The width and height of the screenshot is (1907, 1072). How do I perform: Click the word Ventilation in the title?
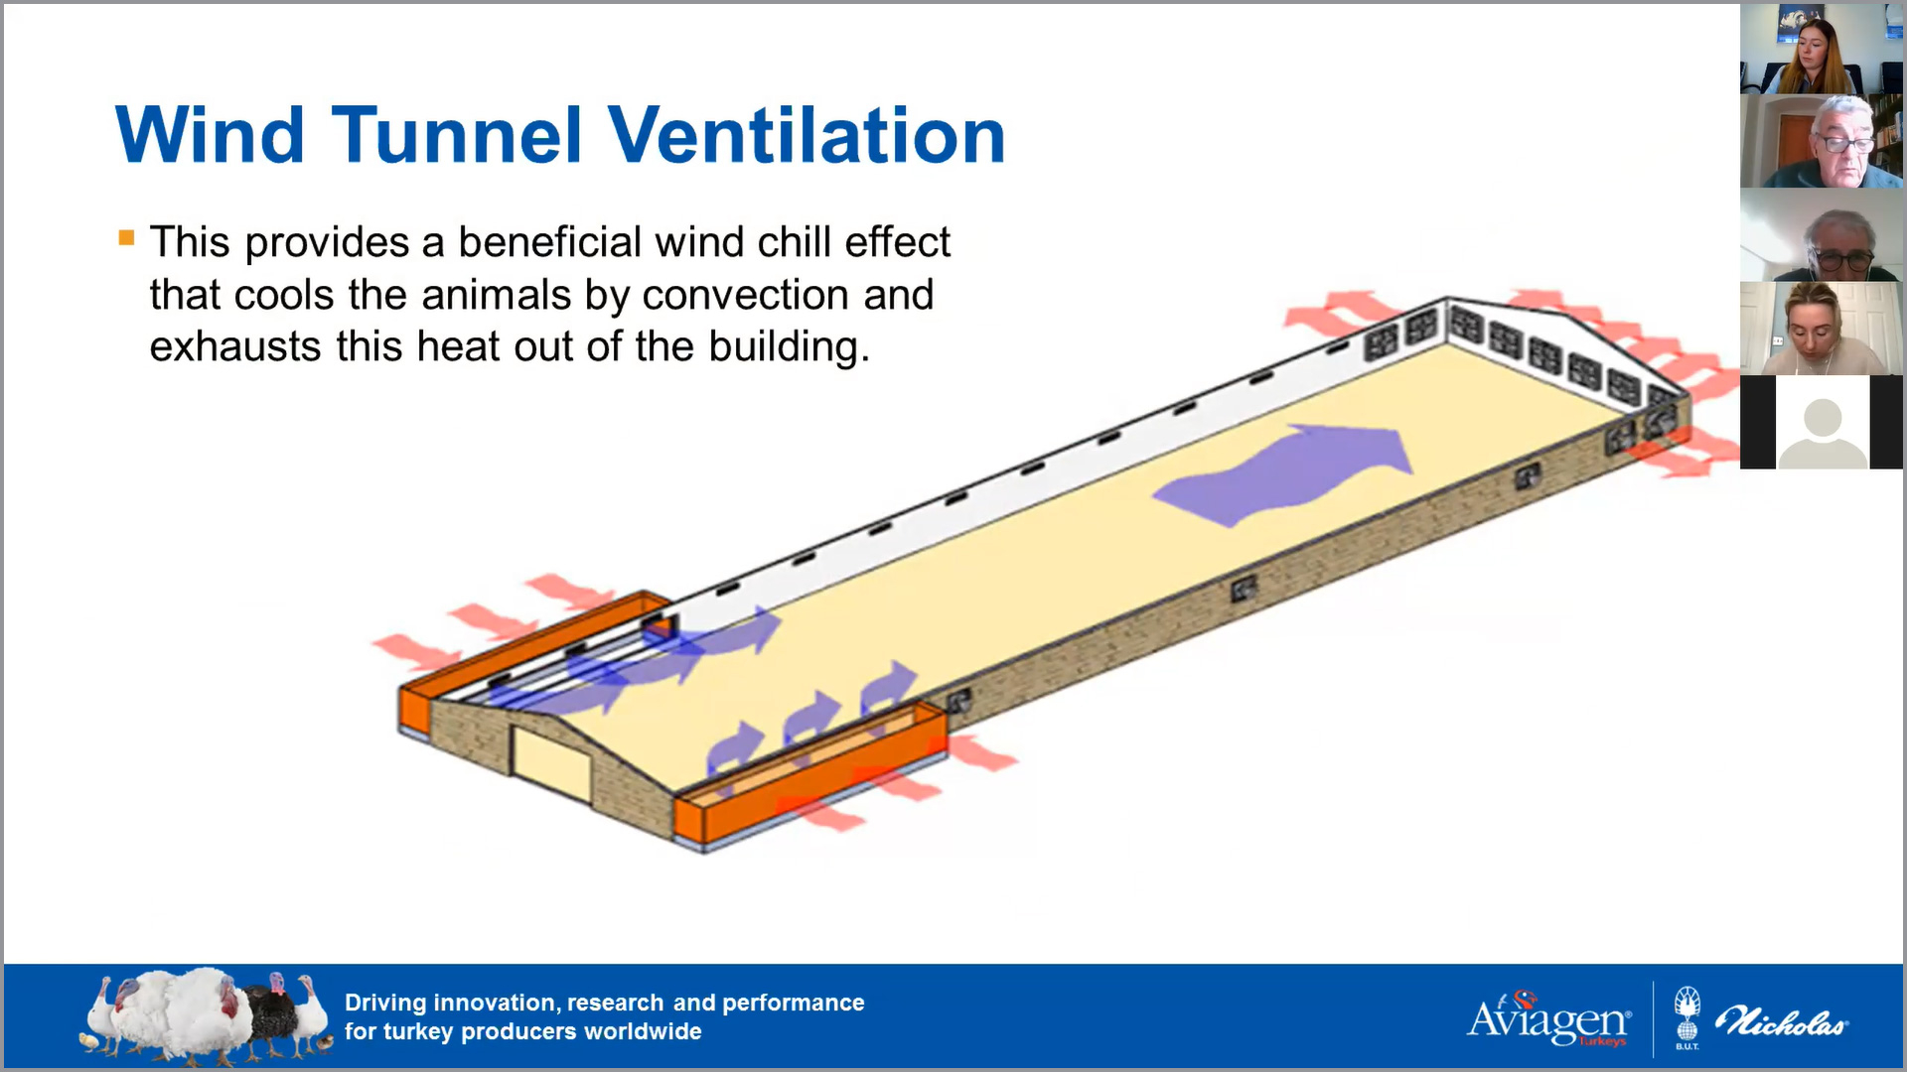[x=807, y=135]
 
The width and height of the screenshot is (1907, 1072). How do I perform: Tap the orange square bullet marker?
[x=126, y=237]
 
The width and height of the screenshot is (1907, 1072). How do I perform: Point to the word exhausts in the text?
[x=235, y=346]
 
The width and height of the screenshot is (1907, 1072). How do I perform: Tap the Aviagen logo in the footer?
[x=1549, y=1018]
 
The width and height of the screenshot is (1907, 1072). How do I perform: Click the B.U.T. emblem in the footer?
[x=1687, y=1017]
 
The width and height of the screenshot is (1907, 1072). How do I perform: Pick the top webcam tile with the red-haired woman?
[x=1822, y=49]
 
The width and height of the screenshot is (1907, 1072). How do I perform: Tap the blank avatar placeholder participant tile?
[x=1822, y=422]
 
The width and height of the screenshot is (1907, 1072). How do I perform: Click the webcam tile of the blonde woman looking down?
[x=1822, y=329]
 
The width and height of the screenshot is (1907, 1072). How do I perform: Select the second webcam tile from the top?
[x=1822, y=141]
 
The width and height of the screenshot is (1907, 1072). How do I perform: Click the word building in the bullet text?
[x=789, y=347]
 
